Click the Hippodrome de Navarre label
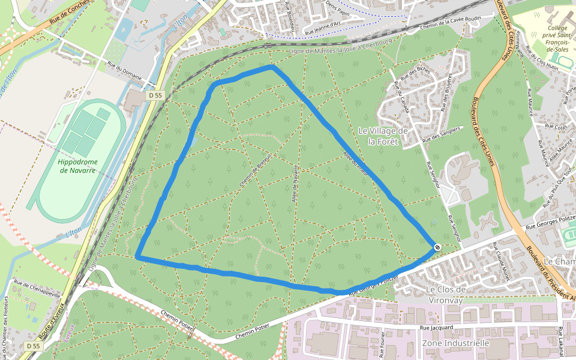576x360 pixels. pyautogui.click(x=77, y=166)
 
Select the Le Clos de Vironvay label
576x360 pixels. pyautogui.click(x=445, y=295)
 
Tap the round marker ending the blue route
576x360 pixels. pyautogui.click(x=437, y=247)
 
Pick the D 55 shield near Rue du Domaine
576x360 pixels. pyautogui.click(x=155, y=95)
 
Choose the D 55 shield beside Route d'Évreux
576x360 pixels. pyautogui.click(x=33, y=346)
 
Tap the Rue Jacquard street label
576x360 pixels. pyautogui.click(x=436, y=328)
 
